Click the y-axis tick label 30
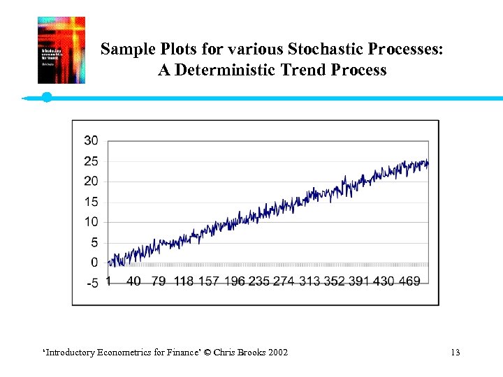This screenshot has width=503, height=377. pyautogui.click(x=91, y=141)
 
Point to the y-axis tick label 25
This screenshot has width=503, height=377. pyautogui.click(x=91, y=161)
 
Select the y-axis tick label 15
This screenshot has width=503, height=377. pyautogui.click(x=91, y=202)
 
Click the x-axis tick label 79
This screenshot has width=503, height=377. pyautogui.click(x=159, y=281)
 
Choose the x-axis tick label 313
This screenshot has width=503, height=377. pyautogui.click(x=311, y=281)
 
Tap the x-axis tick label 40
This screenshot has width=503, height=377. pyautogui.click(x=133, y=281)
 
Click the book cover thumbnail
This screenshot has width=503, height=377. pyautogui.click(x=61, y=50)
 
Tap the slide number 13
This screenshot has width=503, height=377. pyautogui.click(x=455, y=353)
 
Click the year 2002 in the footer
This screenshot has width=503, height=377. pyautogui.click(x=276, y=353)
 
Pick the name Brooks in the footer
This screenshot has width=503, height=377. pyautogui.click(x=249, y=353)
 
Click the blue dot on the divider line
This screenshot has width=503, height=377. pyautogui.click(x=47, y=97)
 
